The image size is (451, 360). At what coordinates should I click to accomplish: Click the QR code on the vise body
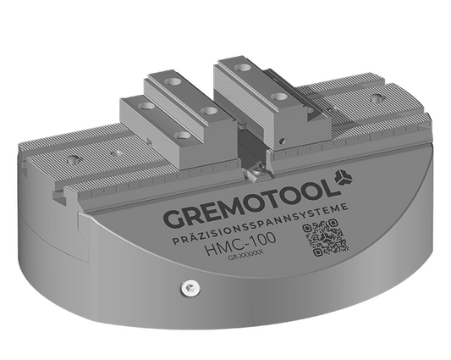(x=325, y=240)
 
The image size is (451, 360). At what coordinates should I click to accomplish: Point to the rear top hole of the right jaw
(x=244, y=65)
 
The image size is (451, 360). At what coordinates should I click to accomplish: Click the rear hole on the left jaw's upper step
(x=173, y=81)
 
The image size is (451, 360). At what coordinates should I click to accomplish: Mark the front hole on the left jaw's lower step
(x=181, y=136)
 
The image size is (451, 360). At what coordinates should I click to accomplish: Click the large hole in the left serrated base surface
(x=75, y=158)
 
